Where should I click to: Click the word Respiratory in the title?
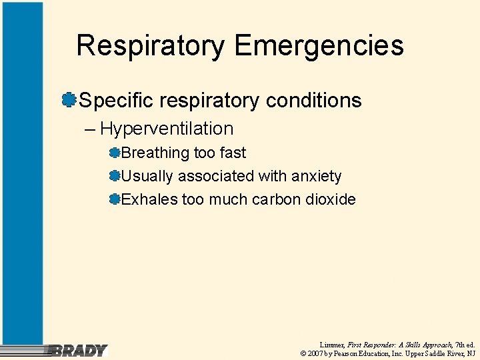[151, 46]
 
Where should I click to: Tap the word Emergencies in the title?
[319, 46]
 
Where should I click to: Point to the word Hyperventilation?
[167, 129]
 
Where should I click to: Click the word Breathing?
[156, 153]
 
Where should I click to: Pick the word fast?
[233, 153]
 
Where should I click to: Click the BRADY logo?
[79, 350]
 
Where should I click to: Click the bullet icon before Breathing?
[115, 153]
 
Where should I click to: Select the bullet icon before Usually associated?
[115, 176]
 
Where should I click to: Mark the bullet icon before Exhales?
[115, 199]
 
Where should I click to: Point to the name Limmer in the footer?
[332, 343]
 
